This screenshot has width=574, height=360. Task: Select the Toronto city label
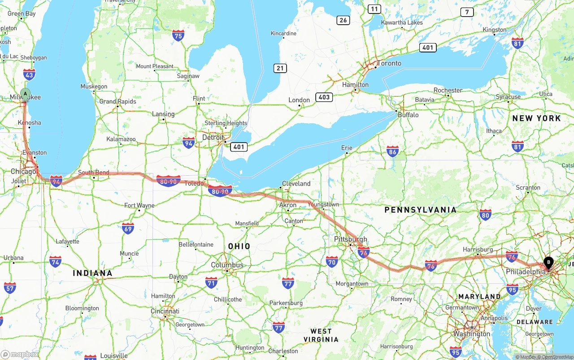(x=389, y=63)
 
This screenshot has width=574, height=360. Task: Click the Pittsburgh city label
(x=351, y=239)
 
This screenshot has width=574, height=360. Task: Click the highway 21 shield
(x=281, y=68)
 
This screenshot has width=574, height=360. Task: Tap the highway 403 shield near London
(x=324, y=97)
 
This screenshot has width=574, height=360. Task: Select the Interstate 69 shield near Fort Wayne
(x=128, y=229)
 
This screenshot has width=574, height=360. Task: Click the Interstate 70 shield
(x=332, y=262)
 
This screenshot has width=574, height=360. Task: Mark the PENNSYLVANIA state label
(x=420, y=209)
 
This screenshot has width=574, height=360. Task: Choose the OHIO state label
(x=239, y=246)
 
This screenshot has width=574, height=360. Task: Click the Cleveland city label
(x=296, y=183)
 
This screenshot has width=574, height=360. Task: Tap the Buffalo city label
(x=408, y=115)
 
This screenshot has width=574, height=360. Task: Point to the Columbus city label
(x=227, y=265)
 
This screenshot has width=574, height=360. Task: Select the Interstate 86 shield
(x=393, y=152)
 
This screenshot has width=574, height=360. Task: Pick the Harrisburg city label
(x=478, y=249)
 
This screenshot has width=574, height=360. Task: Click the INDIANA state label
(x=92, y=273)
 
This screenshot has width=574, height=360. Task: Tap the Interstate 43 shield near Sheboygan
(x=29, y=74)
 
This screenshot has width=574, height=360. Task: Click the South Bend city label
(x=94, y=172)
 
